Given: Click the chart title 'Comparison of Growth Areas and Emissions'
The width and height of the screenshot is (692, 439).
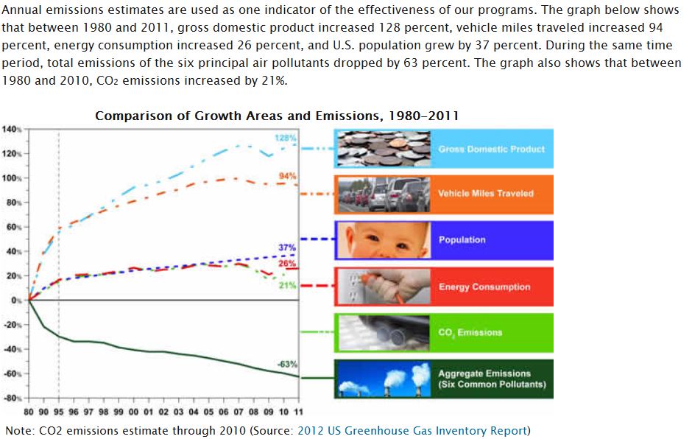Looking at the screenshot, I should coord(277,116).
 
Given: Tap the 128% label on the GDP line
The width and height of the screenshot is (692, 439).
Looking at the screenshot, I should coord(285,138).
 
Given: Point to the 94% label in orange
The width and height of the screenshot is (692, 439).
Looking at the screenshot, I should coord(287,175).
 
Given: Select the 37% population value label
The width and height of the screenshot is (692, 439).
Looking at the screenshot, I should coord(287,247).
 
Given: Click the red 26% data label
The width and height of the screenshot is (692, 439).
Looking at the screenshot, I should coord(287,263).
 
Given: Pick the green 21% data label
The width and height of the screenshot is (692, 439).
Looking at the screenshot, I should coord(287,285).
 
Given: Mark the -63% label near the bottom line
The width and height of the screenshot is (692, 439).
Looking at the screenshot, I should coord(286,364).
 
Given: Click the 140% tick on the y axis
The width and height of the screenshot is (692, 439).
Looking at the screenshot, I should coord(13,130).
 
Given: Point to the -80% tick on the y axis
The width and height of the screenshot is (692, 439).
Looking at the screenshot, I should coord(13,398).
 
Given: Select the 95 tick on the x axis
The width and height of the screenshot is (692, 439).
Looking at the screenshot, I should coord(59,411).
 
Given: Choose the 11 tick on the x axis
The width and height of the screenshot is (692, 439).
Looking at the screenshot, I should coord(297,411).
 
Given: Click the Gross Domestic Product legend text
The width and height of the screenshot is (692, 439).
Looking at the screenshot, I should coord(491,149).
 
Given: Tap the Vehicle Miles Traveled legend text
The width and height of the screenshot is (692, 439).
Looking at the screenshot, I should coord(486,194).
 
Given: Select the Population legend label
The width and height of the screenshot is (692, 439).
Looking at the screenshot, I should coord(462,240).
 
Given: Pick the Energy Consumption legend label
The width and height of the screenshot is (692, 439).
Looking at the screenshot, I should coord(484,287).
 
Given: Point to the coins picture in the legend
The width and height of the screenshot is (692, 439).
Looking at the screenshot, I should coord(382,148).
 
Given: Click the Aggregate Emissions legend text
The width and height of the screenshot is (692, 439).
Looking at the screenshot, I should coord(485,379).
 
